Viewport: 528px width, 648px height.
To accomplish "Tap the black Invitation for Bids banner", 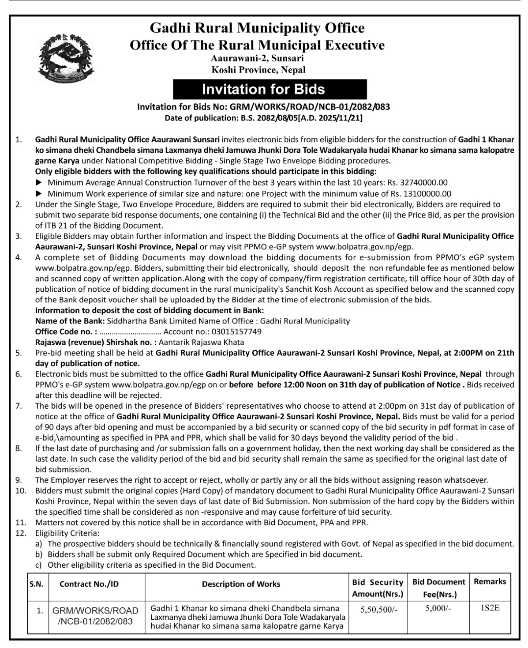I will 263,89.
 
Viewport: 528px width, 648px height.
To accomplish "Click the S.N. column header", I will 36,584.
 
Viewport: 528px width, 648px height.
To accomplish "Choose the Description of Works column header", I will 241,584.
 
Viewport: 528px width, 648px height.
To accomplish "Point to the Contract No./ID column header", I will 89,584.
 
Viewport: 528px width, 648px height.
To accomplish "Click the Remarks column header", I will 490,581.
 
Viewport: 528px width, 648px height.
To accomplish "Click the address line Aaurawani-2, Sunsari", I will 257,58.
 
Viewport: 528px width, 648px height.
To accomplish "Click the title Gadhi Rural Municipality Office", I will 257,28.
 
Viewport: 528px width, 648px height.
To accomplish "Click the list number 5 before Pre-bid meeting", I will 19,353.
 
